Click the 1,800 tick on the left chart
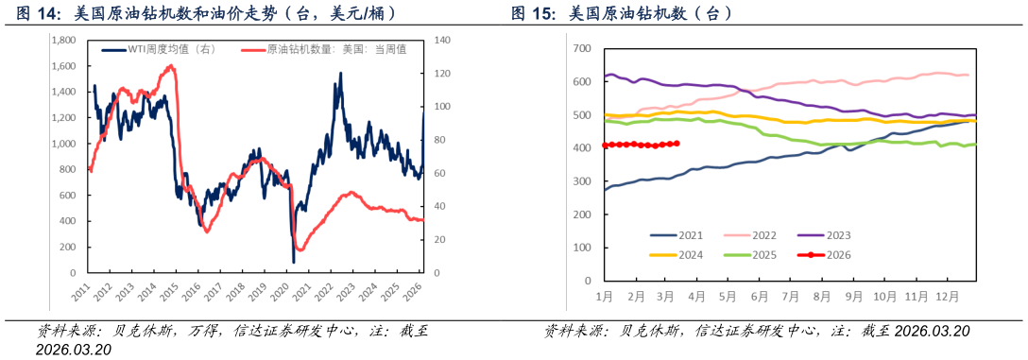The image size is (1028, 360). point(65,41)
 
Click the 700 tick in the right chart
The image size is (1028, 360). point(582,48)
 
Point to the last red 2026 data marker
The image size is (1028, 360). point(677,144)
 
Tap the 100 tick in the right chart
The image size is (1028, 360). point(582,248)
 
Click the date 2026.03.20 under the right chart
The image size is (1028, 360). point(932,331)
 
